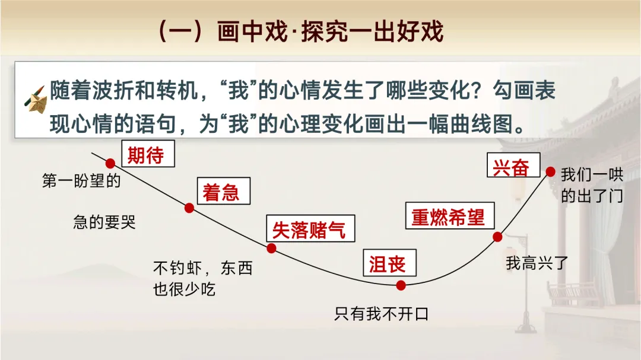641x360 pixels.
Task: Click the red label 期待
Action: pyautogui.click(x=145, y=155)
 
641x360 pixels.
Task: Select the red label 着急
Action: pyautogui.click(x=221, y=193)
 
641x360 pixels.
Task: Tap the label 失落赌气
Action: pyautogui.click(x=308, y=230)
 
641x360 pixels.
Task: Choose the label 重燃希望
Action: pyautogui.click(x=448, y=217)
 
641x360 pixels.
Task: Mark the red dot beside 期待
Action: pyautogui.click(x=110, y=164)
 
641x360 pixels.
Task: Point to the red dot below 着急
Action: pyautogui.click(x=189, y=208)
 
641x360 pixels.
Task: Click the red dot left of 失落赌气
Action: pyautogui.click(x=272, y=249)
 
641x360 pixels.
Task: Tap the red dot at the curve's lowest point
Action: pyautogui.click(x=401, y=285)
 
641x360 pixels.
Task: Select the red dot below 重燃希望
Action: pyautogui.click(x=498, y=237)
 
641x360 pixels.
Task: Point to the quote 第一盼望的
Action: pyautogui.click(x=81, y=181)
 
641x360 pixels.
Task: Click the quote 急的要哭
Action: pyautogui.click(x=104, y=222)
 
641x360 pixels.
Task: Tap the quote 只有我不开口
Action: pyautogui.click(x=381, y=314)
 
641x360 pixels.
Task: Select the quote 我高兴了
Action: pyautogui.click(x=537, y=263)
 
